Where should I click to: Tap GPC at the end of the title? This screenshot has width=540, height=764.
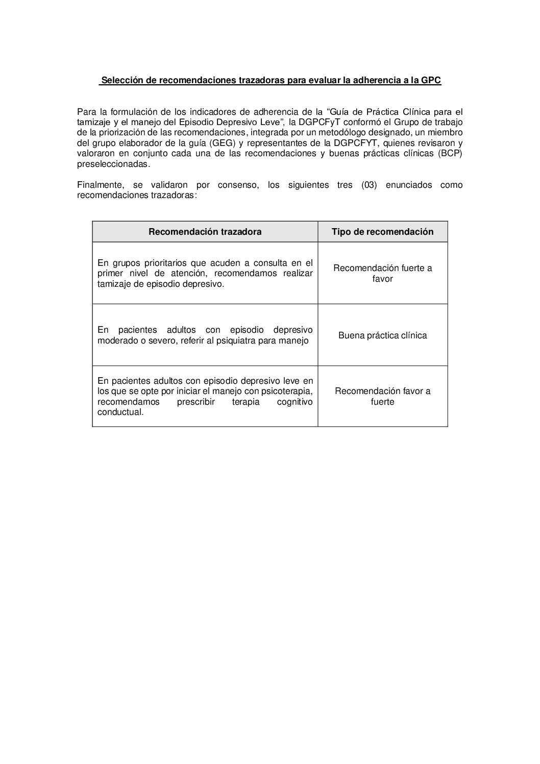(x=431, y=80)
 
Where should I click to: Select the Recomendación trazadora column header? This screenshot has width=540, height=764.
(x=205, y=232)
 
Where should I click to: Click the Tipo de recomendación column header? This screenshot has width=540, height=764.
(x=382, y=232)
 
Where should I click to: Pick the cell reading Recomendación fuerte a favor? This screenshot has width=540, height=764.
(x=382, y=274)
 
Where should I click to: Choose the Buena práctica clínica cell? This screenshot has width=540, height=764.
(x=382, y=335)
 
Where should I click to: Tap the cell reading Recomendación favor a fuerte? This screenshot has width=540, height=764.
(x=382, y=396)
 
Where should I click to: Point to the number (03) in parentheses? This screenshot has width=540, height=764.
(x=369, y=185)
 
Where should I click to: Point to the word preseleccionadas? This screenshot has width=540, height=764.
(x=113, y=164)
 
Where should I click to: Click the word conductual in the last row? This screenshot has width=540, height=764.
(x=120, y=412)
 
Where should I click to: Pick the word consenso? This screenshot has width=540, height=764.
(x=238, y=185)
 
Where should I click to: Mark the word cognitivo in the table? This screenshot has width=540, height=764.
(x=294, y=402)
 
